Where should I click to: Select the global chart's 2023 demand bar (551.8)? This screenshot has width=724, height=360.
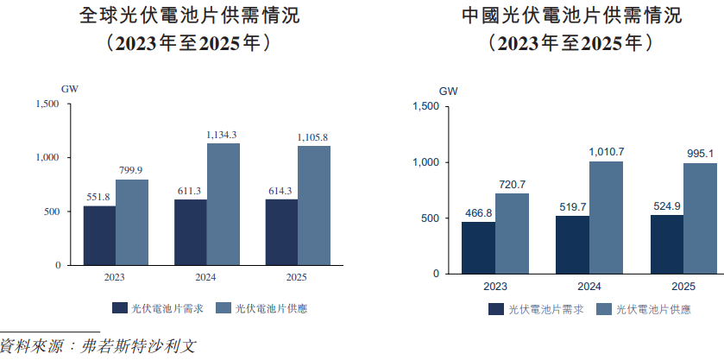click(x=99, y=235)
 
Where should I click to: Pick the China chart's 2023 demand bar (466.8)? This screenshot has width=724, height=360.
click(x=478, y=247)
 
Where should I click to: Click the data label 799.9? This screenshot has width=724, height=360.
click(x=131, y=170)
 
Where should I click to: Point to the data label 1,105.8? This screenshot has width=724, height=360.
click(x=312, y=137)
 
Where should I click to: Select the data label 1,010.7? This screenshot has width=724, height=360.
click(x=606, y=152)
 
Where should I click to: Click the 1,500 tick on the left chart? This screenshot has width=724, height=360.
click(x=47, y=104)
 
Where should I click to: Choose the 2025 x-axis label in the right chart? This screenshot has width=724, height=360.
click(x=683, y=286)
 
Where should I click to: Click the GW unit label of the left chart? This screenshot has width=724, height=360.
click(x=69, y=88)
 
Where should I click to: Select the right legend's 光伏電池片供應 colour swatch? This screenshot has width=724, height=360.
click(x=603, y=309)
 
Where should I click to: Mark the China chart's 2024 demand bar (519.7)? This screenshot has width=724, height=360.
click(x=572, y=244)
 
